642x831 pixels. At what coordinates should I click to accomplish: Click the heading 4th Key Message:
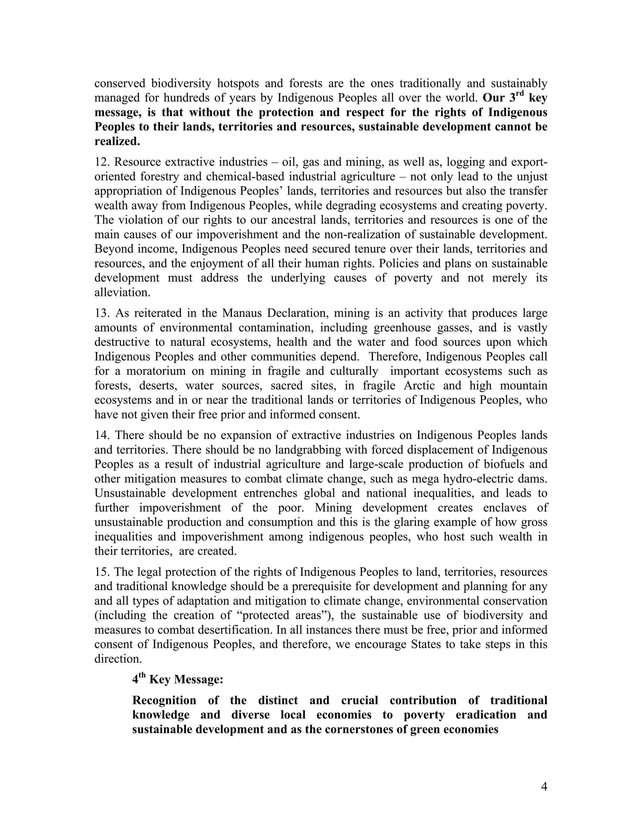178,679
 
